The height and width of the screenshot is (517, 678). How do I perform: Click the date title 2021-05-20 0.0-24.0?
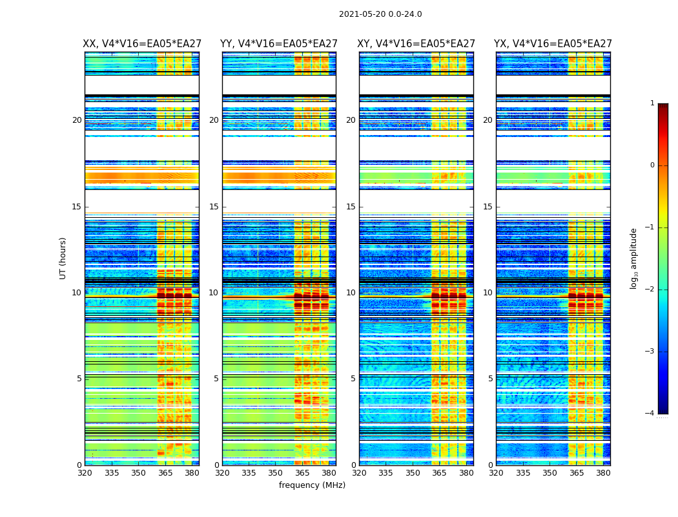pos(380,14)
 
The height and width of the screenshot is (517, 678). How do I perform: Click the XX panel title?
pos(141,44)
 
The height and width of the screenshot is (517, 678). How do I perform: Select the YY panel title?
pos(279,44)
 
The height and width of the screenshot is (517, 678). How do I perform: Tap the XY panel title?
pos(416,44)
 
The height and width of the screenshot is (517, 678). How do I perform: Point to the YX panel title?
pos(553,44)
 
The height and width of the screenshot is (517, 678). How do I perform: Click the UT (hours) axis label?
pos(63,258)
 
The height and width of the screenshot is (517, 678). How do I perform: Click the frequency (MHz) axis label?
pos(312,485)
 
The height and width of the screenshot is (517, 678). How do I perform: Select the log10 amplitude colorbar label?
pos(634,258)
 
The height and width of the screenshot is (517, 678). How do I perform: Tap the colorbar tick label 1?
pos(652,103)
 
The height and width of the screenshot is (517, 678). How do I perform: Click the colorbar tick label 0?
pos(652,165)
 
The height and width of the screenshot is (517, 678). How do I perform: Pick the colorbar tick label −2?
pos(650,290)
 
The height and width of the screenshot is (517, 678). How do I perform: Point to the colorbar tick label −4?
pos(650,414)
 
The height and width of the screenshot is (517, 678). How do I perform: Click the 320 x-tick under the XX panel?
pos(85,473)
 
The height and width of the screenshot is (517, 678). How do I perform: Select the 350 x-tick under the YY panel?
pos(276,473)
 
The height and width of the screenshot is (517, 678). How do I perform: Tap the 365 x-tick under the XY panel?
pos(440,473)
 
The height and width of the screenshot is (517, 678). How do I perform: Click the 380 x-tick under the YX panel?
pos(603,473)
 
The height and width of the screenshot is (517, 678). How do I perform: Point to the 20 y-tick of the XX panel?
pos(77,120)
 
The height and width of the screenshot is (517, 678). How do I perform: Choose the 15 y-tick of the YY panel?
pos(214,207)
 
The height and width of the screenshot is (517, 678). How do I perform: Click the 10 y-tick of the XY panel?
pos(351,293)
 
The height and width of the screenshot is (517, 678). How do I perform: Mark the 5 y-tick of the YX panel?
pos(490,379)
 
